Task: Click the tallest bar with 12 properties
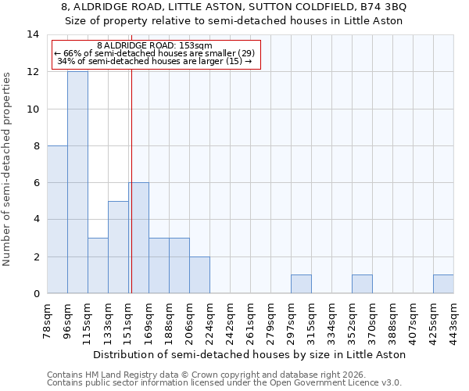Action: coord(77,182)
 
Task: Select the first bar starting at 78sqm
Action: coord(57,220)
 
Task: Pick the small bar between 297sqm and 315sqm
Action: coord(301,285)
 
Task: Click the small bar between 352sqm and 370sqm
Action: coord(362,285)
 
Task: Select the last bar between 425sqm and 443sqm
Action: coord(443,285)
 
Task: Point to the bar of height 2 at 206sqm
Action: coord(199,275)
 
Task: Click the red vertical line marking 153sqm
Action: coord(131,195)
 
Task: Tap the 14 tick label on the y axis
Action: coord(34,34)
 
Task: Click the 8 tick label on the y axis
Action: coord(36,146)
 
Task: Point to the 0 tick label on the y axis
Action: coord(36,294)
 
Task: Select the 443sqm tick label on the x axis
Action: coord(453,322)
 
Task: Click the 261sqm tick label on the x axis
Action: coord(250,322)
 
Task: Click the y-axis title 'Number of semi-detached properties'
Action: coord(8,169)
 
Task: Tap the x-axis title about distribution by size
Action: coord(250,354)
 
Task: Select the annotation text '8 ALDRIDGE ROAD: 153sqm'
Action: coord(155,45)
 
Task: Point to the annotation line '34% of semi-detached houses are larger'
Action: coord(155,61)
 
